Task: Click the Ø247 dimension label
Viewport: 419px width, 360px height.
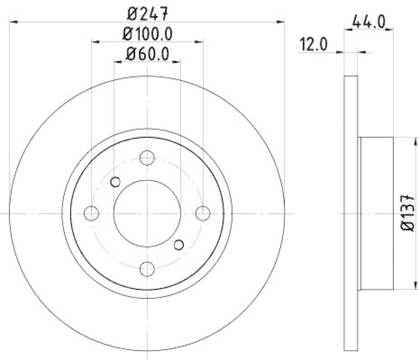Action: tap(147, 11)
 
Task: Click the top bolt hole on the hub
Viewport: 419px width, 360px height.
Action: tap(147, 157)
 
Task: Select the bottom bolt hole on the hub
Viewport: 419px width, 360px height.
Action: tap(147, 269)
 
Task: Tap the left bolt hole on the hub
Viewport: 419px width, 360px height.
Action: tap(92, 213)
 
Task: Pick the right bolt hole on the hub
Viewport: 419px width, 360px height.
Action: tap(203, 213)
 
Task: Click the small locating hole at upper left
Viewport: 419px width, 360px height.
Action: tap(116, 182)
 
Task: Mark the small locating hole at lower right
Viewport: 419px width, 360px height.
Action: tap(179, 244)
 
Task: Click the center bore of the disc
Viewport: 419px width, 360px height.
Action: tap(147, 213)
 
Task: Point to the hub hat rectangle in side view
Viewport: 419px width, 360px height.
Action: tap(376, 213)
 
